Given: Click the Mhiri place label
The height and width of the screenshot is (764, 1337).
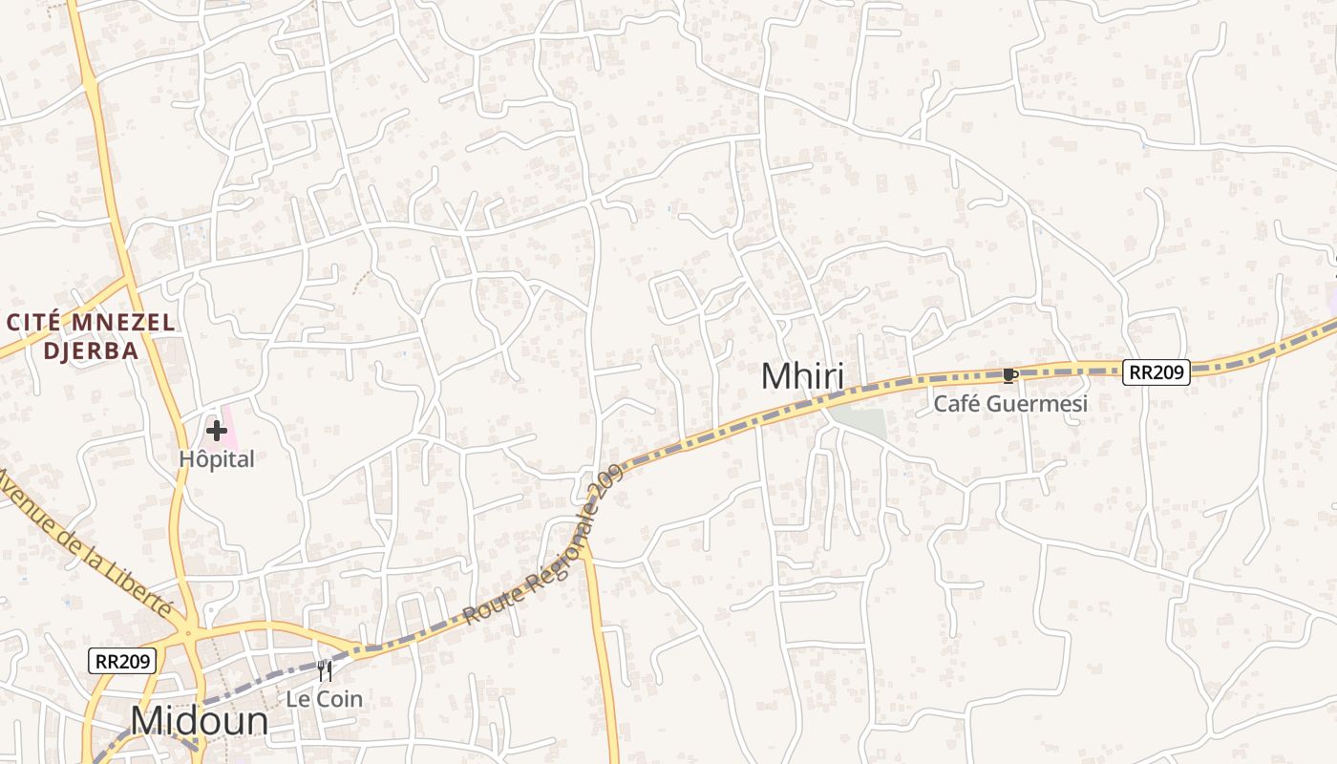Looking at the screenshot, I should coord(802,376).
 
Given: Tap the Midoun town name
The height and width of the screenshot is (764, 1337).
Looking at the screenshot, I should coord(200,721).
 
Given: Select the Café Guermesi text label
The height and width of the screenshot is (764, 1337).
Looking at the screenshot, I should coord(1010,404).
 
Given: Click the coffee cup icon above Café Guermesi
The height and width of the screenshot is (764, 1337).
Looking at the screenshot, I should coord(1009,375).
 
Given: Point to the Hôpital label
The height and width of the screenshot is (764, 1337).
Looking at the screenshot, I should coord(217,459).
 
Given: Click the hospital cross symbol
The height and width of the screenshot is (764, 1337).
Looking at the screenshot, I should coord(217,432).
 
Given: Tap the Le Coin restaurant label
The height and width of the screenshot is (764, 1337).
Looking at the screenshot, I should coord(325,699).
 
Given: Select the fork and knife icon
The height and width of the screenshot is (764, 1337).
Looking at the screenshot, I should coord(325,671).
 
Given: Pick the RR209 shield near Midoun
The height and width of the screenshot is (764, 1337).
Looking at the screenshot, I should coord(122,660).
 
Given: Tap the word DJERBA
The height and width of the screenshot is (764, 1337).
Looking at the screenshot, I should coord(91,350).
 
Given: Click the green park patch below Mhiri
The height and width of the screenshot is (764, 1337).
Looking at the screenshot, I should coord(859,422).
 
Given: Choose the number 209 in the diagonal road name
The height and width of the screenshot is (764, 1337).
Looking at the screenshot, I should coord(606,482).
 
